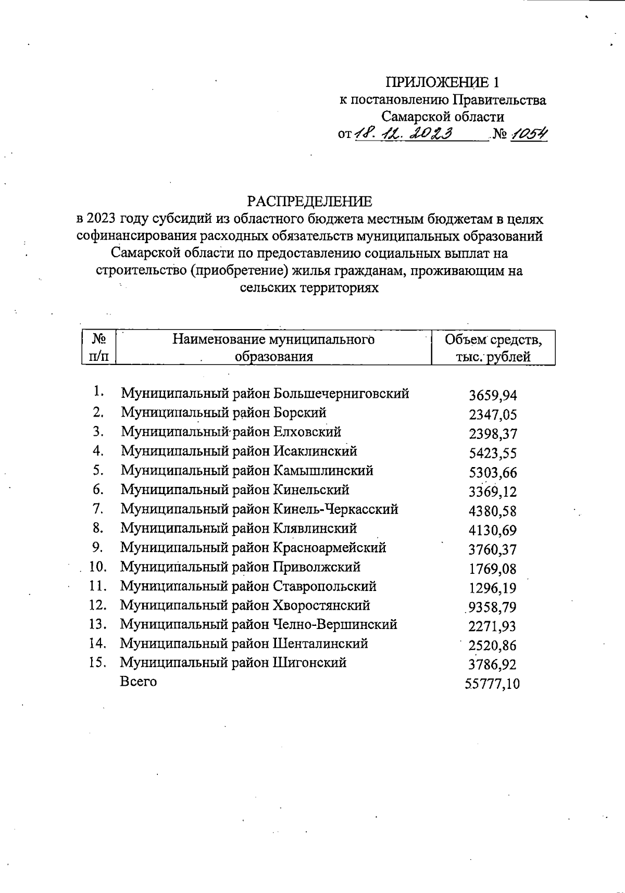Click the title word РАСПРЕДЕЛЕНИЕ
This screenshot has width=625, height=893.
(x=310, y=202)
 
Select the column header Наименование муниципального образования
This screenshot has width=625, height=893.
(x=273, y=348)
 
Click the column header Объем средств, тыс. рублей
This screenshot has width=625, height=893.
(x=493, y=348)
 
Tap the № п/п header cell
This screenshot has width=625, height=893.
(x=99, y=348)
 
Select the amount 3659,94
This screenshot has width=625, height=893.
(x=493, y=396)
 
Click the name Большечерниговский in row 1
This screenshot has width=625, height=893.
(x=341, y=394)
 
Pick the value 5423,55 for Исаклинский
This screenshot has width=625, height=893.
(x=493, y=454)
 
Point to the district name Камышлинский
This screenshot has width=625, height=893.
(x=323, y=471)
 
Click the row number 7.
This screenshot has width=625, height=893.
(x=98, y=508)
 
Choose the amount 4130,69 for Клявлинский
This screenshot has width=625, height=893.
(x=493, y=531)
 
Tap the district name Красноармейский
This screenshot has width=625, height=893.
(x=330, y=548)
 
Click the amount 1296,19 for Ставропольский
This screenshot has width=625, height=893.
(x=493, y=588)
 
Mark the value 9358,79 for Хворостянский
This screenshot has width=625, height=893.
(x=493, y=608)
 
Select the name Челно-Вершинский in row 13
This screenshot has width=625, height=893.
(x=335, y=624)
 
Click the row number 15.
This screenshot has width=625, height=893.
(x=98, y=663)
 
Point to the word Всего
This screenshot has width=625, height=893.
(x=138, y=682)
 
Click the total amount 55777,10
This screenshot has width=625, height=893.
(x=492, y=684)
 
